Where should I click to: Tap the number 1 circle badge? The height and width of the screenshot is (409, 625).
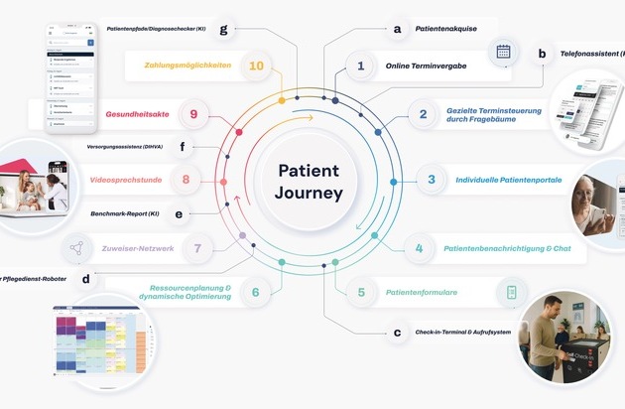tap(360, 67)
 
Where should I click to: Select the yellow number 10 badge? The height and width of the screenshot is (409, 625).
tap(256, 67)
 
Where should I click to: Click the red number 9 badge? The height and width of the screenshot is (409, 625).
tap(193, 114)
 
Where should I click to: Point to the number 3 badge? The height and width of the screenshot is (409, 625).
tap(431, 180)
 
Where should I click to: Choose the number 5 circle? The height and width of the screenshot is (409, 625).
tap(361, 293)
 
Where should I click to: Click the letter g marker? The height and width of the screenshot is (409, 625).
tap(224, 29)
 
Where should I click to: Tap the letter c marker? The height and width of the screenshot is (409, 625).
tap(397, 333)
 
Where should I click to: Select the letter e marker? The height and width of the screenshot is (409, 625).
tap(179, 212)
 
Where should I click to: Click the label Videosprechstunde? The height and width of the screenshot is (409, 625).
tap(125, 180)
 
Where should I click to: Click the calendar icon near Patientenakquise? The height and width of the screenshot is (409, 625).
tap(503, 53)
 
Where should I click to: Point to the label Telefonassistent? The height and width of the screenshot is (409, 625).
tap(589, 55)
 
